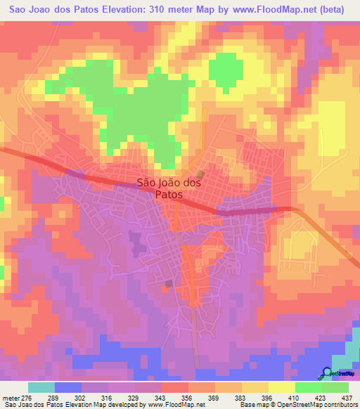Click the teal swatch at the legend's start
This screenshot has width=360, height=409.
coord(41,387)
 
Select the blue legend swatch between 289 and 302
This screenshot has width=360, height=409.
coord(68,387)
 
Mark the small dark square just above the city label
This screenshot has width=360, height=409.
coord(200,174)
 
